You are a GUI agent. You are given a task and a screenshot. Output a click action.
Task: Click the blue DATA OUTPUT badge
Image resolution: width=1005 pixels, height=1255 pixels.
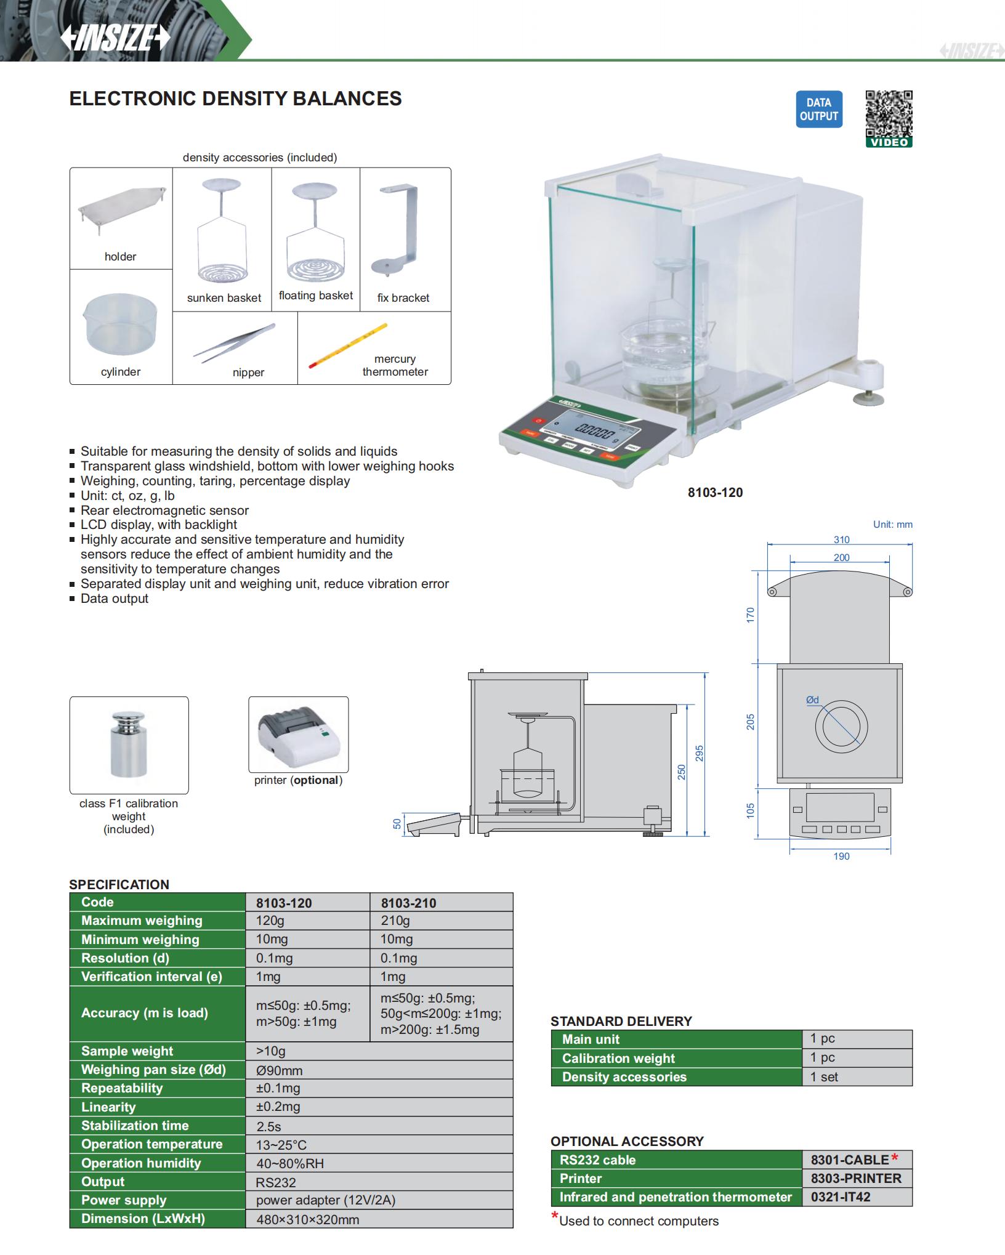[818, 110]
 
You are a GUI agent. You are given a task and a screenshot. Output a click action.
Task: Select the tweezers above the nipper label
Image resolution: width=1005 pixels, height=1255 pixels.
[235, 342]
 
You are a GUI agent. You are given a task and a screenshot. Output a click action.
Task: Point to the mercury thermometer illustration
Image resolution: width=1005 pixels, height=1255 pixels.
[349, 345]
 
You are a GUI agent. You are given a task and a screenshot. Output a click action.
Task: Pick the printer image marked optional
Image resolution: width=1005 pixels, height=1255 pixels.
[298, 734]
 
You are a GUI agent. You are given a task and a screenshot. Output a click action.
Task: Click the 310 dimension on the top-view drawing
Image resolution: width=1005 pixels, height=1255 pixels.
[841, 540]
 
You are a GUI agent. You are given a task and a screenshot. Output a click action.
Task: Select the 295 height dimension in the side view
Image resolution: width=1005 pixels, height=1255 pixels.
[699, 753]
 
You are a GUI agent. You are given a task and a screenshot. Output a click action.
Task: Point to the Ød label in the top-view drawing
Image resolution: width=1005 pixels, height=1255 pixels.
[812, 700]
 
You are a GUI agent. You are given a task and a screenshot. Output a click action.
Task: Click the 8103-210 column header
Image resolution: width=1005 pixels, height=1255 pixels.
[408, 903]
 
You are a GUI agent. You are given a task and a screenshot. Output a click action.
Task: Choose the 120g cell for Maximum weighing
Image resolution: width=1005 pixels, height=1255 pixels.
[270, 921]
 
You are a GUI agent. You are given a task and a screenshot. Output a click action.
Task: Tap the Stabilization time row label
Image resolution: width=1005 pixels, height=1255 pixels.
[135, 1126]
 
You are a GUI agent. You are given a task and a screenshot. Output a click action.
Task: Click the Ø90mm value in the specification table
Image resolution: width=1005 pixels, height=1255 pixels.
[279, 1070]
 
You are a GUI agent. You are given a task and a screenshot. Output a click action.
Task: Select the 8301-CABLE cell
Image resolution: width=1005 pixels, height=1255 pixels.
[850, 1160]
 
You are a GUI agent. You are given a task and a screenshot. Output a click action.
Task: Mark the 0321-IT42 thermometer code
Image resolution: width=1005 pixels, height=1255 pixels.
[841, 1197]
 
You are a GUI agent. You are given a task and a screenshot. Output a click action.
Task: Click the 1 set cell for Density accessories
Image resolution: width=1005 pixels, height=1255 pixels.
[824, 1077]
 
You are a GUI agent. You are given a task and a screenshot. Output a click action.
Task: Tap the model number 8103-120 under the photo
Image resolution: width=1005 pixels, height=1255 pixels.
[715, 493]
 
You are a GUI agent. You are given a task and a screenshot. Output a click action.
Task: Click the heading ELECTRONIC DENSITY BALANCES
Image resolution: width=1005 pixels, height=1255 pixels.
[235, 99]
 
